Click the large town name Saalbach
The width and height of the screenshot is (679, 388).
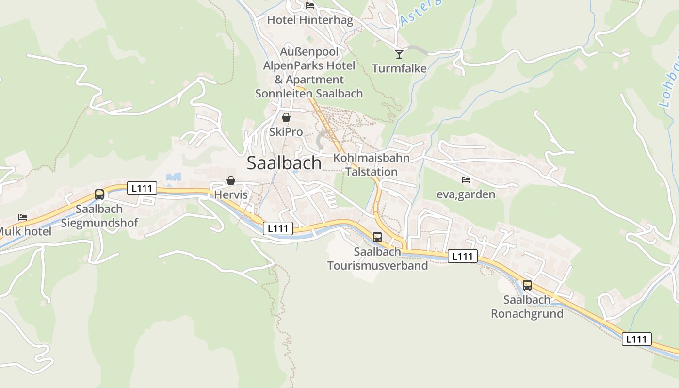point(284,163)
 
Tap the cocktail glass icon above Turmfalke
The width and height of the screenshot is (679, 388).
point(399,54)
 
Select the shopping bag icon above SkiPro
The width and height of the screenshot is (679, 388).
point(286,117)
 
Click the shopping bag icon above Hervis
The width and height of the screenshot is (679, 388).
point(231,180)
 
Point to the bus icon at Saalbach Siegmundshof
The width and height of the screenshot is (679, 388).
point(99,194)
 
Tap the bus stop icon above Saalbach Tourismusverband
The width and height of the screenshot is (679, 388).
point(377,237)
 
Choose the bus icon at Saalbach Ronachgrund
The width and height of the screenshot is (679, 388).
point(527,285)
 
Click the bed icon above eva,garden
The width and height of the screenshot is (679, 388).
point(466,180)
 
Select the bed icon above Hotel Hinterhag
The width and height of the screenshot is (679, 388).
point(310,6)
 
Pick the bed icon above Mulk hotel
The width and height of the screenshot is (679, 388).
point(23,217)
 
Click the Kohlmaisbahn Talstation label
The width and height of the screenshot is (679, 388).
point(372,165)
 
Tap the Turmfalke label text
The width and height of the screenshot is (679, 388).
point(399,68)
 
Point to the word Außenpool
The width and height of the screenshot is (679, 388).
point(309,51)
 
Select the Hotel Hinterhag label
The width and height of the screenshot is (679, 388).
point(310,20)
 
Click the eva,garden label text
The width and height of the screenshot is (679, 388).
point(466,194)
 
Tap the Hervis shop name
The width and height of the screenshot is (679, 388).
point(231,195)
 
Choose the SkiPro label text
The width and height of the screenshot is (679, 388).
point(286,132)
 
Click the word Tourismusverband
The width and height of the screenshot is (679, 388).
point(377,265)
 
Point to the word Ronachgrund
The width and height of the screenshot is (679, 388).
point(527,313)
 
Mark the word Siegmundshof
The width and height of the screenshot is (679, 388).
point(99,223)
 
